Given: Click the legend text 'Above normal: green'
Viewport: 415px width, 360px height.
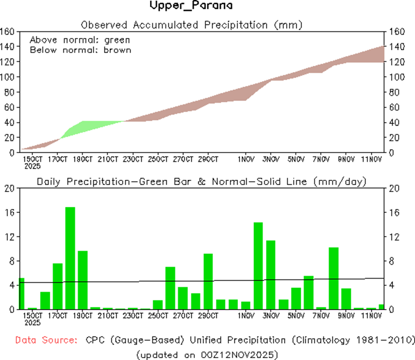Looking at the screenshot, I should click(80, 40).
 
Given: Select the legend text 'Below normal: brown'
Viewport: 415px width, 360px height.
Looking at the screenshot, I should click(81, 50).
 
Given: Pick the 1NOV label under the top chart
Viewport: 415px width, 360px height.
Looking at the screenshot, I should click(246, 159).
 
